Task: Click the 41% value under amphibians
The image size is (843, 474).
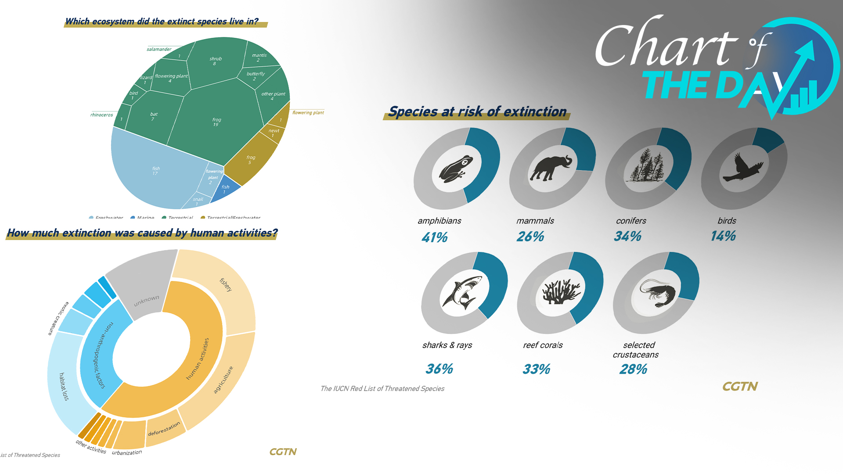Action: pos(434,237)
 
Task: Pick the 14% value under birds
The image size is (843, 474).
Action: pos(723,236)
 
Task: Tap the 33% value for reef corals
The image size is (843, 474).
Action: pos(536,369)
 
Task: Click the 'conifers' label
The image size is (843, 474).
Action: pos(631,221)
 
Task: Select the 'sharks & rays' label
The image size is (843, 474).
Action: pos(447,345)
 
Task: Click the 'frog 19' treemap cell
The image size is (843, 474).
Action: pos(216,122)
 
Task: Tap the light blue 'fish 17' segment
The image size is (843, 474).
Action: pos(155,171)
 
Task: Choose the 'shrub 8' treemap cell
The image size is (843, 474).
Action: pos(215,61)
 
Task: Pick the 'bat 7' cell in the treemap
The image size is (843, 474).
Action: pos(153,116)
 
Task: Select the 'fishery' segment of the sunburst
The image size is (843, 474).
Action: pos(226,285)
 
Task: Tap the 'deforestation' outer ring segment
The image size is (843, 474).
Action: pos(164,429)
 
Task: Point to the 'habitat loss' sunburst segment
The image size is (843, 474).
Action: pos(64,386)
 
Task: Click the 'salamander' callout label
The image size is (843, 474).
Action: pos(159,49)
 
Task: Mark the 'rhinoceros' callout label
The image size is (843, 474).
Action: pos(101,115)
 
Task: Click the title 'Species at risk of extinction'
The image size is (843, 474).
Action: pos(477,111)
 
